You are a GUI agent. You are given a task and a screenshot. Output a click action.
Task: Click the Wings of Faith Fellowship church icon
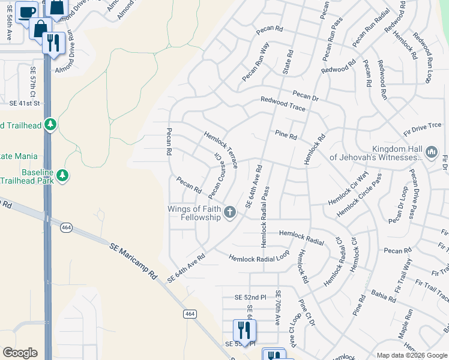[229, 212]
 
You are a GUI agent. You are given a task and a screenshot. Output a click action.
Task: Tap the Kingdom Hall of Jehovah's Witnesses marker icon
[431, 152]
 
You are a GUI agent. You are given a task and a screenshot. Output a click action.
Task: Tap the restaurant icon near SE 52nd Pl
[244, 329]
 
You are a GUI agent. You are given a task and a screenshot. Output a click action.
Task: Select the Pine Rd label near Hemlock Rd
[286, 135]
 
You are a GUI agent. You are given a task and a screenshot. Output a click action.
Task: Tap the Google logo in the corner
[19, 353]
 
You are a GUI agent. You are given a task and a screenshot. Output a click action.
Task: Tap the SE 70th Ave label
[278, 308]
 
